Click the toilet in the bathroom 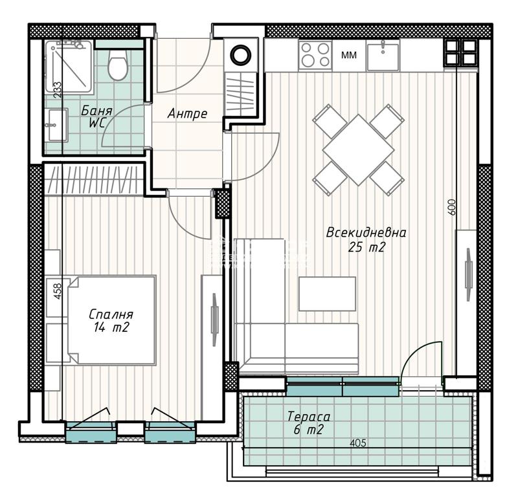[x=118, y=65]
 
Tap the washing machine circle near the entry [x=241, y=55]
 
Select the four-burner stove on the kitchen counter [x=315, y=55]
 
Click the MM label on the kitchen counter [x=349, y=55]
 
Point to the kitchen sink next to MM [x=383, y=55]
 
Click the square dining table [x=359, y=150]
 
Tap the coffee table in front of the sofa [x=327, y=294]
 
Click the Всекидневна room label [x=366, y=233]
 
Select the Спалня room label [x=111, y=314]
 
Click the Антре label [x=187, y=113]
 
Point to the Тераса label [x=309, y=417]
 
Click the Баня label [x=96, y=111]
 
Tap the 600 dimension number [x=452, y=207]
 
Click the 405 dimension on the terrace [x=358, y=443]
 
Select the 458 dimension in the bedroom [x=57, y=291]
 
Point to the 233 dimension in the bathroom [x=57, y=89]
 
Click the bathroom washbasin [x=57, y=125]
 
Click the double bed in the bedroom [x=111, y=320]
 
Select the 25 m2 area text [x=366, y=247]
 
